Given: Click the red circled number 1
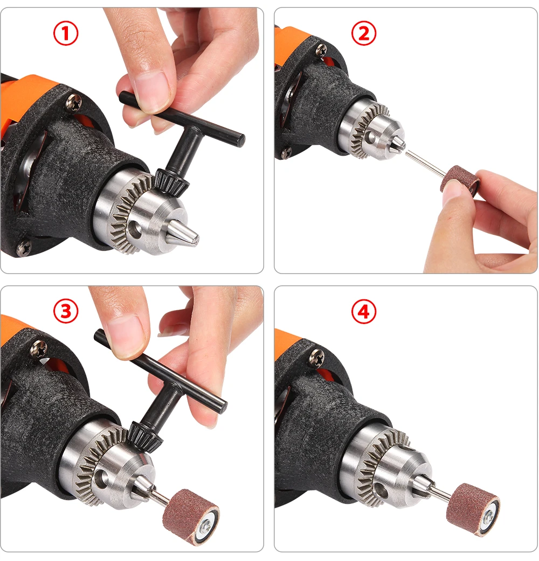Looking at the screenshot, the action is [66, 33].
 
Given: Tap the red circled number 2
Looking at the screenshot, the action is [363, 33].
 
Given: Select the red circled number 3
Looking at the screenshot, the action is [66, 311].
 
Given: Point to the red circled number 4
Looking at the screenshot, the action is [363, 311].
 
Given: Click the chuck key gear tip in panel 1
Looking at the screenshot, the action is [171, 182].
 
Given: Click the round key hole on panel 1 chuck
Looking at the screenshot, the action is [135, 229].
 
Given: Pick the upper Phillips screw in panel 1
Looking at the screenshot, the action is [74, 102].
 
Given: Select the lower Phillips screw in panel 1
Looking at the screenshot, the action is [24, 248].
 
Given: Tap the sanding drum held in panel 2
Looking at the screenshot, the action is [460, 181].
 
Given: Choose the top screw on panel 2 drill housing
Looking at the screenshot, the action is [321, 50].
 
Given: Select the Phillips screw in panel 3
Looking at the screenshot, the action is [39, 348].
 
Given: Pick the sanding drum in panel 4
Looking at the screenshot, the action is [473, 509].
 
